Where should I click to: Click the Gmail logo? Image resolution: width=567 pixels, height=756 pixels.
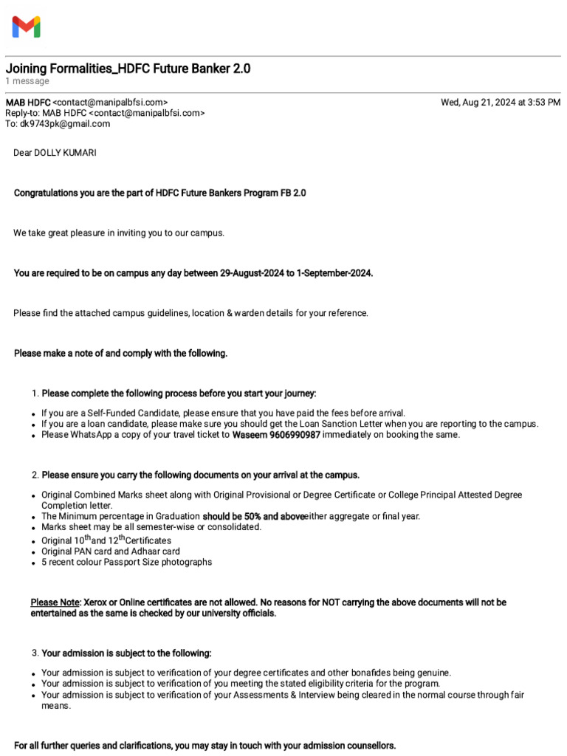(26, 27)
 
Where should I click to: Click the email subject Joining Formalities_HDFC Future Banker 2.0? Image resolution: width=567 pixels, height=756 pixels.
(128, 69)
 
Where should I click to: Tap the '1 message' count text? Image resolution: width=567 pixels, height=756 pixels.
(27, 81)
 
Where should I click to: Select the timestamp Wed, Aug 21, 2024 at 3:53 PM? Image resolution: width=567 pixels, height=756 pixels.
(500, 103)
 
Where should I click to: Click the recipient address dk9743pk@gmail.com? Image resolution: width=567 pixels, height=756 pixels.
(65, 124)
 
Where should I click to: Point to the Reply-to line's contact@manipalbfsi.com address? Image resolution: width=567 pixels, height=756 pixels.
(147, 113)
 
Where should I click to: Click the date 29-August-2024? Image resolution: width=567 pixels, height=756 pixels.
(252, 273)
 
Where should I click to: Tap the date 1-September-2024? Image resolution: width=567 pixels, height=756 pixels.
(334, 273)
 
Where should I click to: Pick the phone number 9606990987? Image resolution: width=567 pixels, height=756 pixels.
(295, 435)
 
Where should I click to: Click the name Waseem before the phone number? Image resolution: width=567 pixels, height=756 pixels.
(250, 435)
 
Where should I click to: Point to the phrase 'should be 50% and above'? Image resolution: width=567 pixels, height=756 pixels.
(253, 516)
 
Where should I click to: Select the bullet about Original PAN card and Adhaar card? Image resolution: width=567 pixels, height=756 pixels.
(111, 551)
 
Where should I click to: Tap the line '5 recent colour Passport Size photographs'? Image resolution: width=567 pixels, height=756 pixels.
(126, 562)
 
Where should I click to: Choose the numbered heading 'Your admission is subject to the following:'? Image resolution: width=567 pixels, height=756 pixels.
(126, 653)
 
